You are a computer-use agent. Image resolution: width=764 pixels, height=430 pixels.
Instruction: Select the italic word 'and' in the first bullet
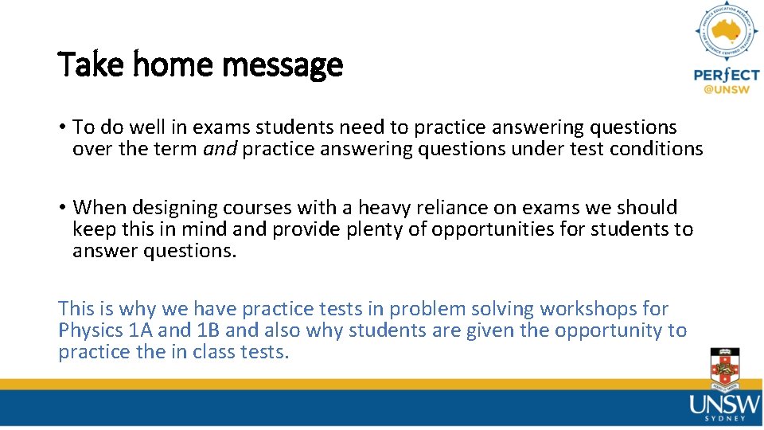(x=220, y=149)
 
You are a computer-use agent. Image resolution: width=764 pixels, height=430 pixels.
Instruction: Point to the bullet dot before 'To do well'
(x=61, y=127)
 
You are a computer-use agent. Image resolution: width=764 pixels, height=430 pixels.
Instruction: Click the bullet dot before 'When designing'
(x=61, y=208)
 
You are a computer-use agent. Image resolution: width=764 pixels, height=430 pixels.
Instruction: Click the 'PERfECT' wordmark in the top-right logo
(x=726, y=75)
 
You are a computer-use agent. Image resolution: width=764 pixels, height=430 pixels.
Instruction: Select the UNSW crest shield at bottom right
(x=724, y=368)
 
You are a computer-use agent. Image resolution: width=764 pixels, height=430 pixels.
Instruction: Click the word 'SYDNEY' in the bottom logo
(x=725, y=418)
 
